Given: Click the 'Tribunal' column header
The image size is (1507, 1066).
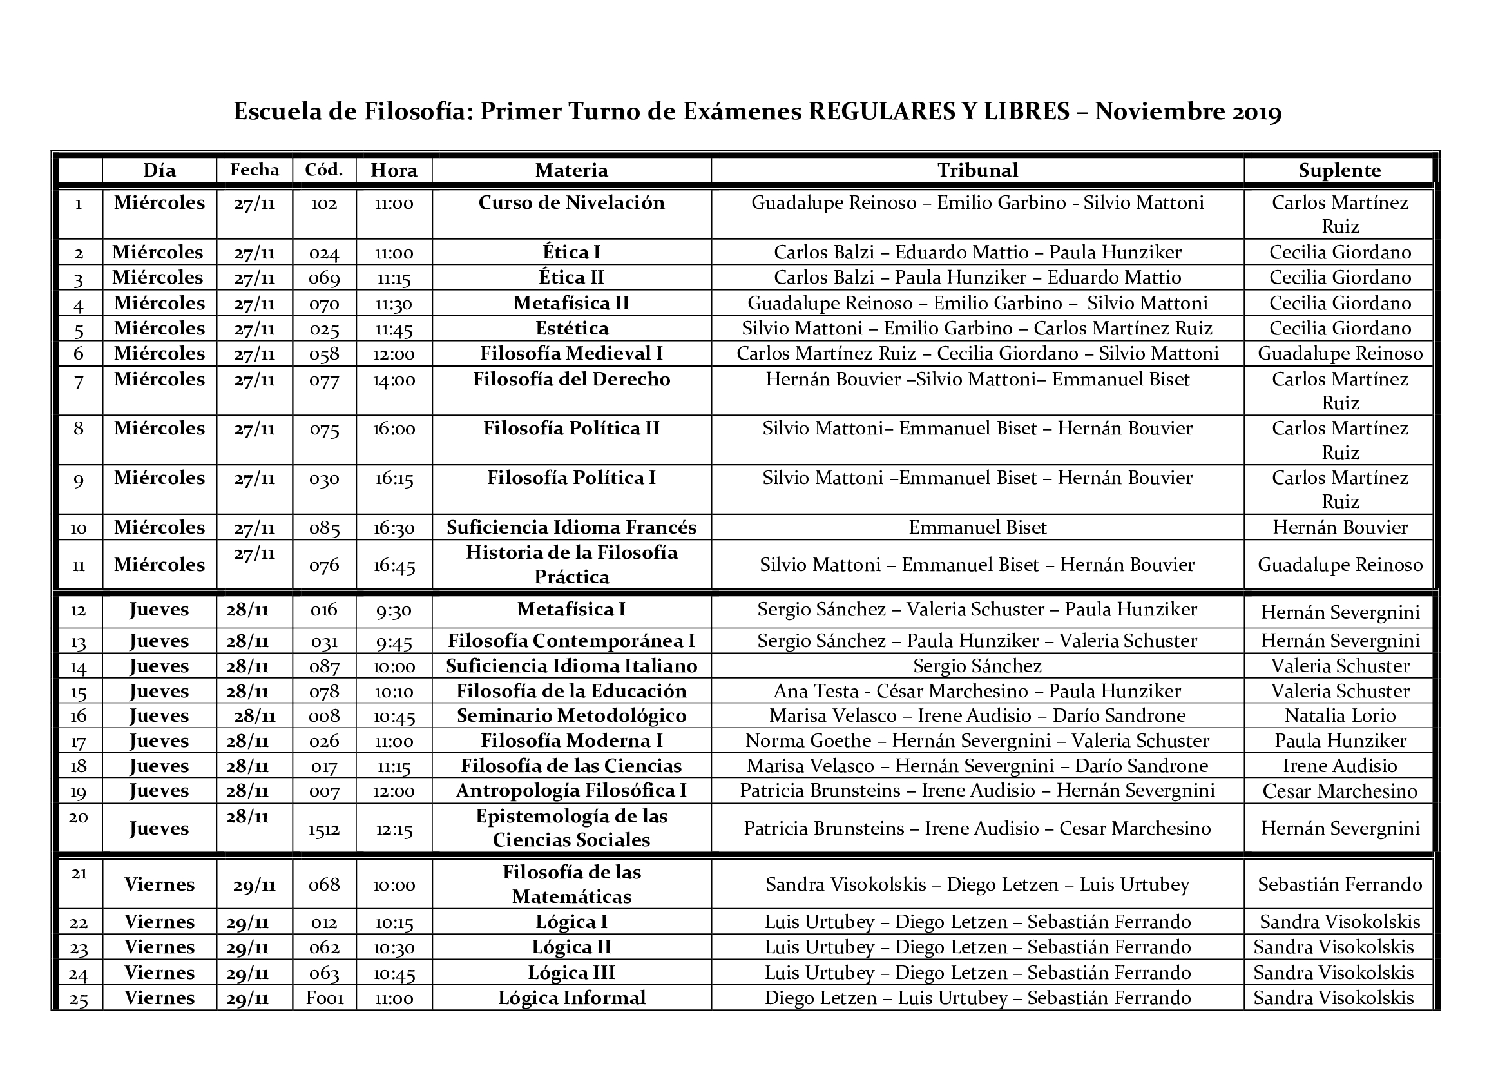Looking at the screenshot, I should (977, 171).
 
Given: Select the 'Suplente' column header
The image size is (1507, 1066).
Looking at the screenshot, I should (1339, 171).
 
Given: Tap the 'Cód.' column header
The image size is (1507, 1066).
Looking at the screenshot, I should (324, 170).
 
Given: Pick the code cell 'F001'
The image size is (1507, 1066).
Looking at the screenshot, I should (325, 999).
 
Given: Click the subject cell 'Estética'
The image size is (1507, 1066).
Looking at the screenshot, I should (571, 328).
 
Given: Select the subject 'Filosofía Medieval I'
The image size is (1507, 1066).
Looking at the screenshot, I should (571, 354).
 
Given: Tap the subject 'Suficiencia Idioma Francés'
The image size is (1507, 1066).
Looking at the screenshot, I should (571, 528).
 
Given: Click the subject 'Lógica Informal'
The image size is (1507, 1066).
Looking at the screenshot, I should (571, 998).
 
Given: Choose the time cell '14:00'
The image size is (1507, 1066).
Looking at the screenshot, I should (394, 380).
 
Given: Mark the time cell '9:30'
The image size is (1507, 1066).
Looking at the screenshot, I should (394, 610).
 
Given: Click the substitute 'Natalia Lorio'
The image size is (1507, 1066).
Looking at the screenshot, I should (1340, 715).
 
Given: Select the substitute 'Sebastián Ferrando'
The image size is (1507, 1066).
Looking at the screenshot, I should (1339, 885).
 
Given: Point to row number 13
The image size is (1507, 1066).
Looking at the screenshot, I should (79, 642).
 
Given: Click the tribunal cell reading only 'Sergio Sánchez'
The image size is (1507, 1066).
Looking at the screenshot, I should (977, 666).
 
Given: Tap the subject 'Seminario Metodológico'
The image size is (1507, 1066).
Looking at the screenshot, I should (571, 715).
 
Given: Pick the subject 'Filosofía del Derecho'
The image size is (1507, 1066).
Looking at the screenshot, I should (571, 380).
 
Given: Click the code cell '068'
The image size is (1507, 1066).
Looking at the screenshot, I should (324, 885).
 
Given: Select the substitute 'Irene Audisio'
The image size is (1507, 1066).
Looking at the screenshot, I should (1340, 766).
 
